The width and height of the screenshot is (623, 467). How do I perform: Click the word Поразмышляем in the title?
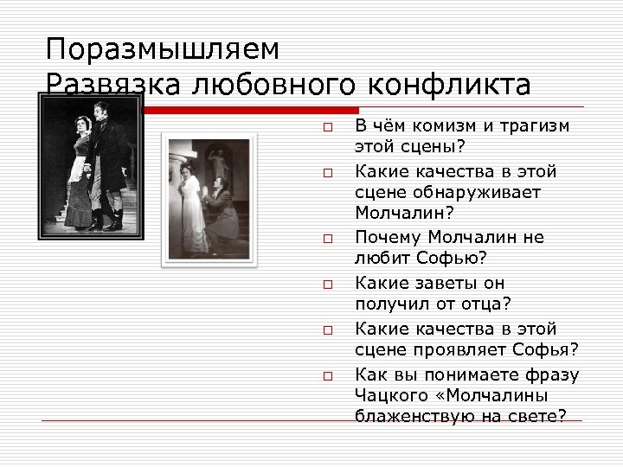point(163,49)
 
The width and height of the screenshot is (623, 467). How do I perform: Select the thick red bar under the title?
point(251,110)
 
